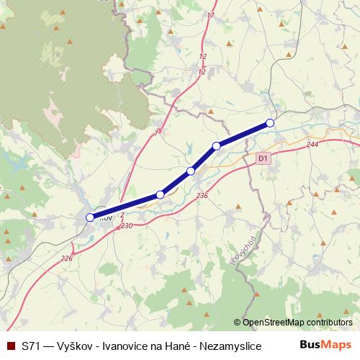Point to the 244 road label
[312, 145]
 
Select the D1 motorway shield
[262, 157]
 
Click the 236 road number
[202, 195]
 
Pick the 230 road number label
[127, 226]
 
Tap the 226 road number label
[67, 258]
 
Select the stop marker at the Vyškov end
[90, 217]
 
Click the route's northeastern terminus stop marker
[270, 123]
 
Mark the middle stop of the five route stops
[191, 171]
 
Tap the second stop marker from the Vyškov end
[161, 194]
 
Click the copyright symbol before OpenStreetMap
[238, 323]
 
